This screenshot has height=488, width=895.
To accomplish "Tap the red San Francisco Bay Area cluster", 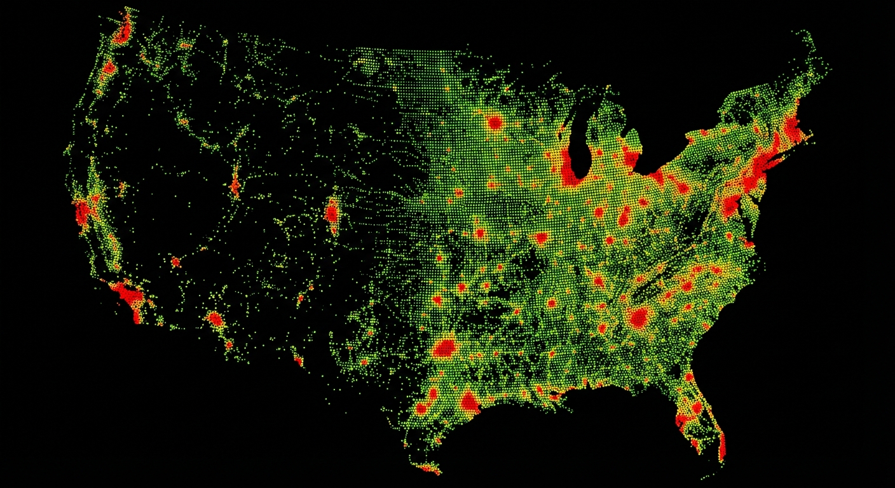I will coord(83,212).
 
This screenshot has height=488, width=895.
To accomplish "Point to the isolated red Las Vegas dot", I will coord(175,261).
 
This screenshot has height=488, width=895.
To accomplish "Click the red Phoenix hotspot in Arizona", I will coord(215,318).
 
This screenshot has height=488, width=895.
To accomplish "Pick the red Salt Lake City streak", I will coord(235,185).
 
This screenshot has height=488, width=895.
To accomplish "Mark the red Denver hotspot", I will coord(331,212).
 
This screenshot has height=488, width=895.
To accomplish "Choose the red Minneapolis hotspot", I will coord(495,123).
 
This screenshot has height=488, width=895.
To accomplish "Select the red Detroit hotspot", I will coord(631,156).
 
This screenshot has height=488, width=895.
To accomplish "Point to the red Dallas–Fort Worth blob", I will coord(446,348).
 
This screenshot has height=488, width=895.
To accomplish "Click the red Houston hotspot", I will coord(470,402).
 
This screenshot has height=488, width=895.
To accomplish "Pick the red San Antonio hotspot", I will coord(422,407).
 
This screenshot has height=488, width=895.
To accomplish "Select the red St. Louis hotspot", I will coord(541,238).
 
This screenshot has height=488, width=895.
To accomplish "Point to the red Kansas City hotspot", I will coord(479,233).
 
